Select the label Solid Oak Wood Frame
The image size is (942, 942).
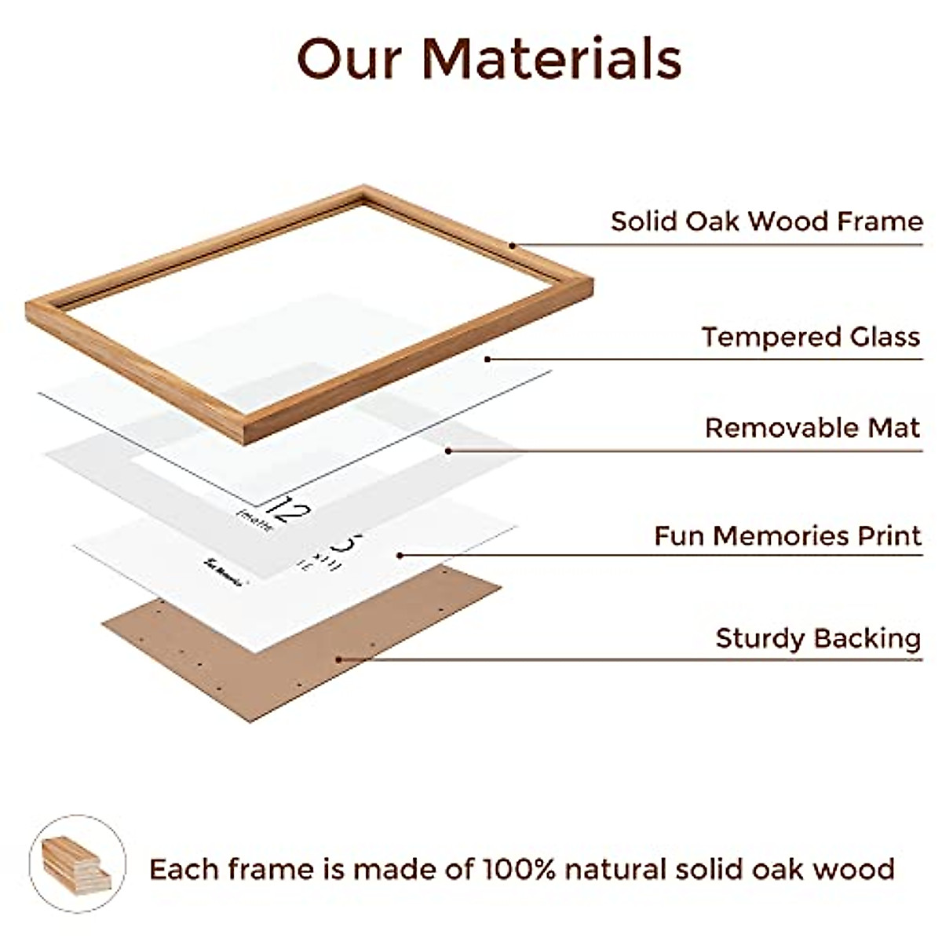pyautogui.click(x=766, y=221)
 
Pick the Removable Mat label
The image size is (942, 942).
pyautogui.click(x=812, y=428)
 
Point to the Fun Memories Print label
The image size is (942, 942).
pyautogui.click(x=787, y=536)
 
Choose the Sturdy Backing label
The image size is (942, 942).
pyautogui.click(x=818, y=637)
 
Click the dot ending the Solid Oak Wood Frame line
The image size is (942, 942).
pyautogui.click(x=512, y=245)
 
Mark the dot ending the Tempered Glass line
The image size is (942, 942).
pyautogui.click(x=487, y=360)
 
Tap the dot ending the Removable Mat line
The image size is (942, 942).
pyautogui.click(x=448, y=451)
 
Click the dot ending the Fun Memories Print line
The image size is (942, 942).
pyautogui.click(x=400, y=555)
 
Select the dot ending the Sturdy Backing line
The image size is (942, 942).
pyautogui.click(x=338, y=659)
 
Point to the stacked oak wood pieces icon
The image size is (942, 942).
pyautogui.click(x=77, y=863)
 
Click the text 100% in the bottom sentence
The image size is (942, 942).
pyautogui.click(x=519, y=869)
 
